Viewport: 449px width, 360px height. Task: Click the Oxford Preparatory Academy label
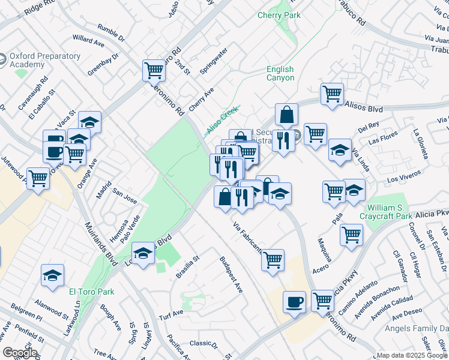pyautogui.click(x=44, y=60)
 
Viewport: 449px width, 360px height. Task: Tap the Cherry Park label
pyautogui.click(x=279, y=15)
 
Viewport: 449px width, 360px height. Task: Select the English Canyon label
pyautogui.click(x=280, y=73)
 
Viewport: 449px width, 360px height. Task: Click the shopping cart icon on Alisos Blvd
pyautogui.click(x=332, y=94)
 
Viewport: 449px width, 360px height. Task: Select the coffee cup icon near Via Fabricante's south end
pyautogui.click(x=294, y=301)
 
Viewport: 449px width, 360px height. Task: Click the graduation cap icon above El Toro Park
pyautogui.click(x=52, y=275)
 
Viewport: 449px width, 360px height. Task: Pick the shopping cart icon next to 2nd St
pyautogui.click(x=154, y=70)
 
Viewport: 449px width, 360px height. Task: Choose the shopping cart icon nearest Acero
pyautogui.click(x=351, y=234)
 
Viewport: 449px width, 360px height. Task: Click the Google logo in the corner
pyautogui.click(x=19, y=353)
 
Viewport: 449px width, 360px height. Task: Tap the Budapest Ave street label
pyautogui.click(x=231, y=275)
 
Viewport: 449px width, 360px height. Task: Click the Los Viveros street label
pyautogui.click(x=402, y=179)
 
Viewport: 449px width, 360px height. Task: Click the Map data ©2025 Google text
pyautogui.click(x=412, y=355)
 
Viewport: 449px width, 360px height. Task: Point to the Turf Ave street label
pyautogui.click(x=170, y=314)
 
